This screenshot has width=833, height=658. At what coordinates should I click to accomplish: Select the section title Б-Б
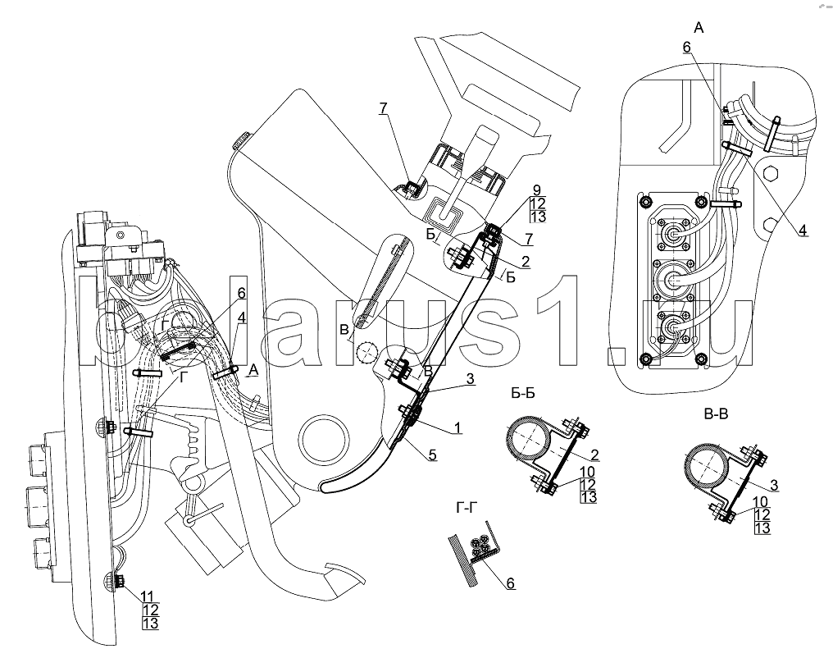[x=518, y=393]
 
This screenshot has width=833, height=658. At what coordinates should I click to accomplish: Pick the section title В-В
[x=717, y=414]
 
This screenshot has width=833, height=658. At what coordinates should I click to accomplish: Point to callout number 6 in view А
[x=686, y=48]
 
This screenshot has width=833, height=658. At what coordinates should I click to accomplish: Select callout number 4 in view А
[x=802, y=231]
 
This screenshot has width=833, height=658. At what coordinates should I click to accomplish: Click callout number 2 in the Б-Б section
[x=592, y=454]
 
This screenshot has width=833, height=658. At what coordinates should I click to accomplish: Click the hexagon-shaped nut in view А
[x=770, y=174]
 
